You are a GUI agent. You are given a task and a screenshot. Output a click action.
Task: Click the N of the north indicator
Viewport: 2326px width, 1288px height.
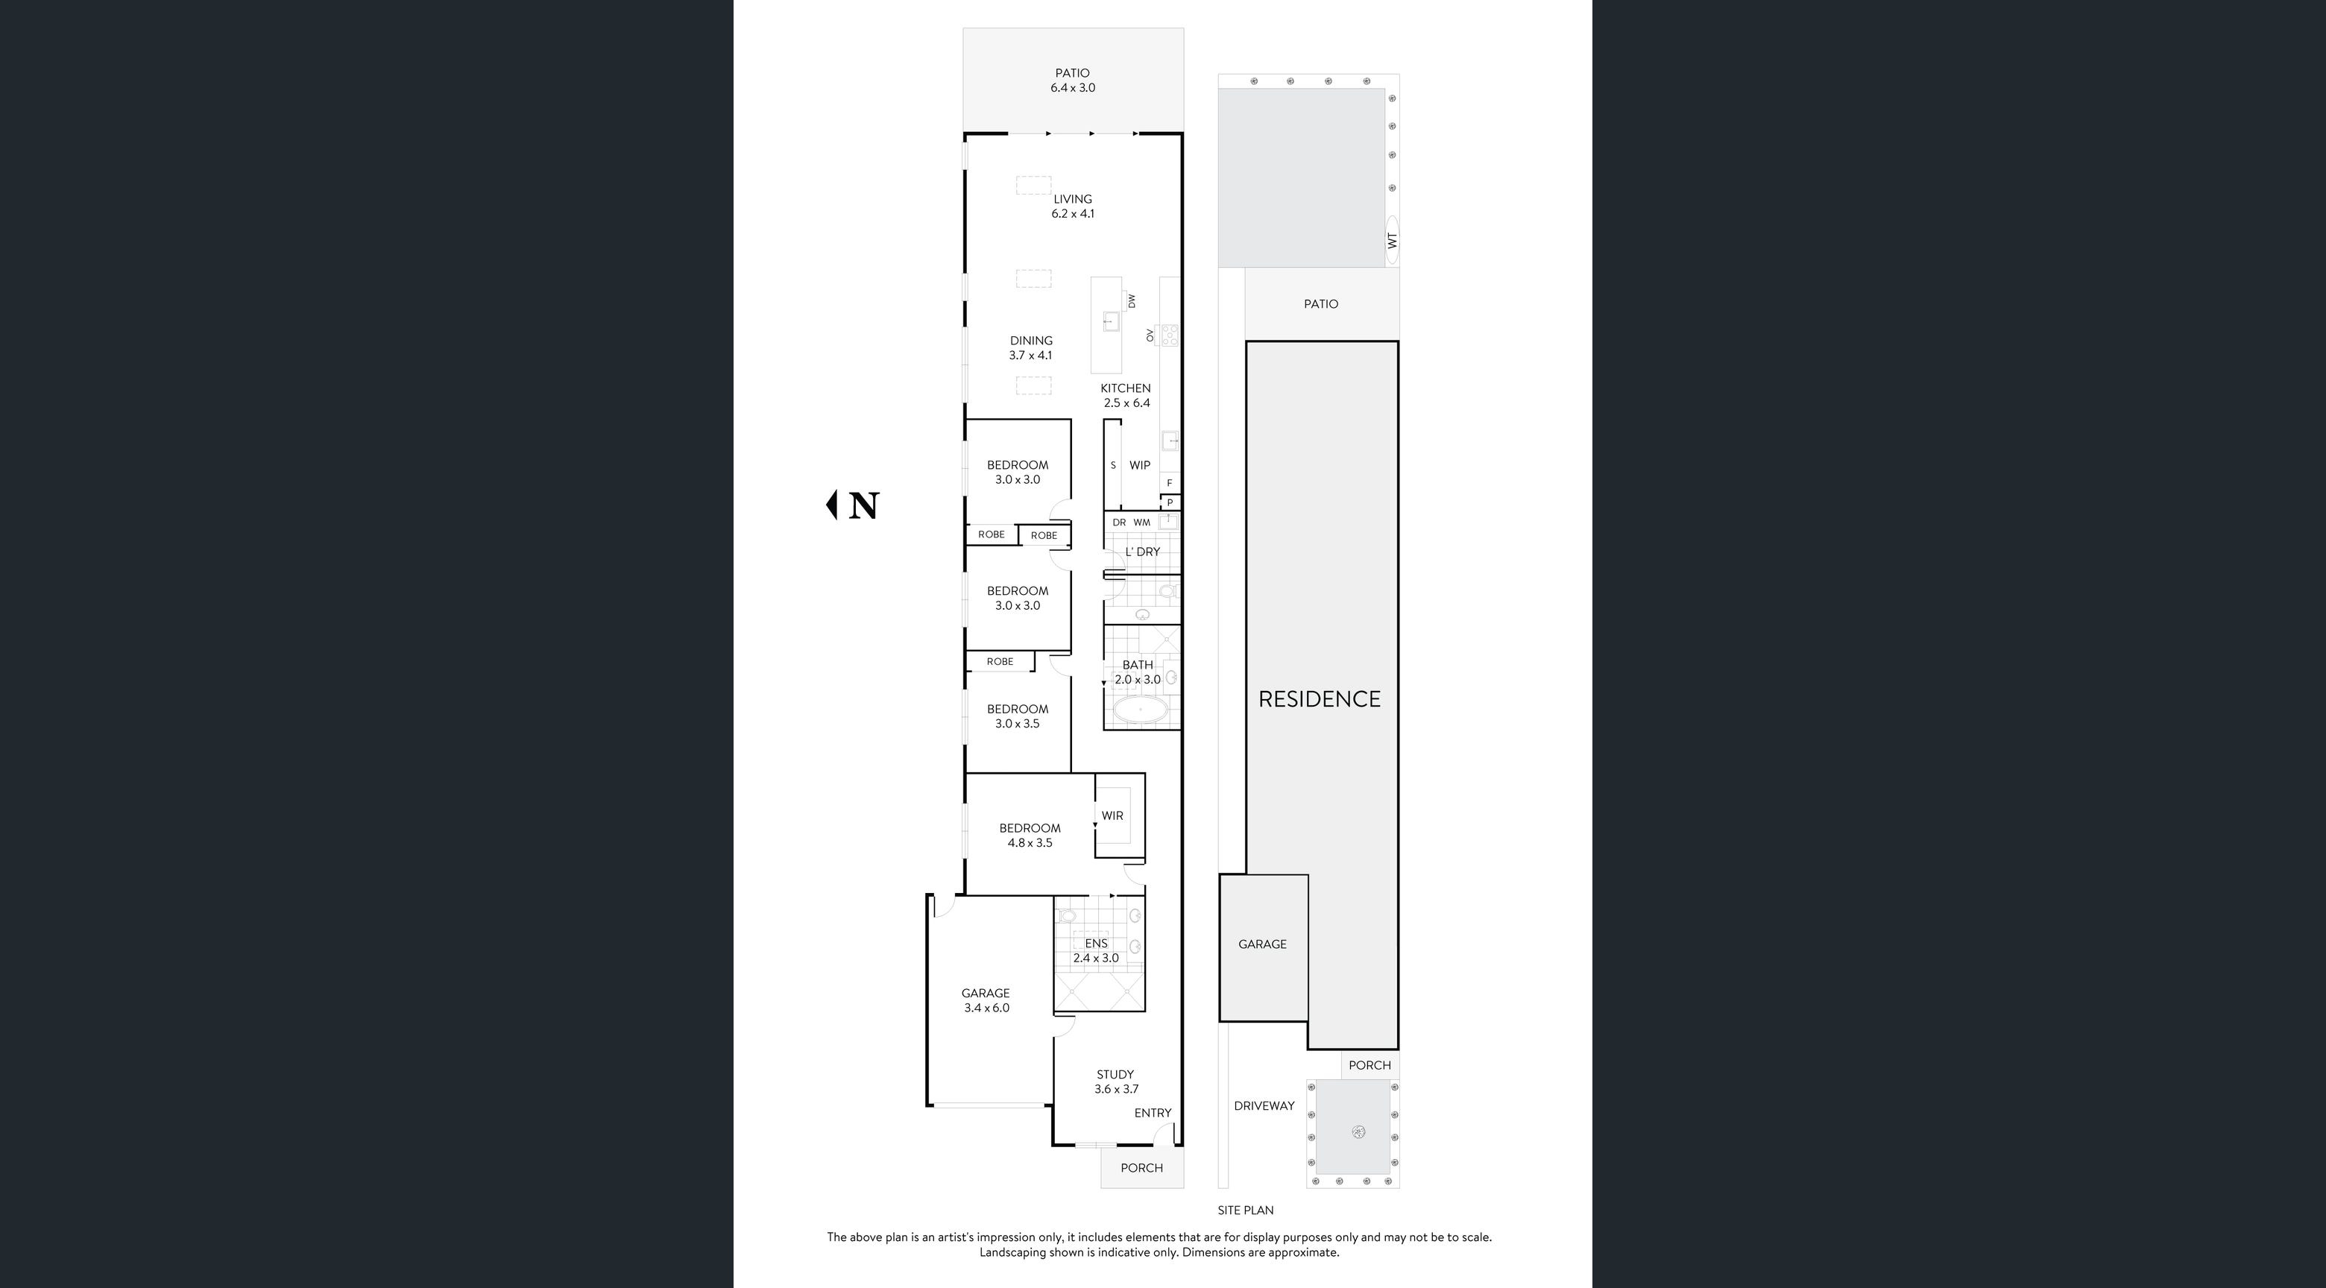tap(864, 505)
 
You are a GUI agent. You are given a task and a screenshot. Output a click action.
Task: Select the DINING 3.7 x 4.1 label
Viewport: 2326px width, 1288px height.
tap(1031, 347)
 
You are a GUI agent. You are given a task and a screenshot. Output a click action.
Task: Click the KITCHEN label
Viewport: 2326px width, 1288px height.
tap(1126, 388)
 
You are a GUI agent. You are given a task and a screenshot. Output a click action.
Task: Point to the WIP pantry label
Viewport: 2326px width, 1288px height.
tap(1140, 465)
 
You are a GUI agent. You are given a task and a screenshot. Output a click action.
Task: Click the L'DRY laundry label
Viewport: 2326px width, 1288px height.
tap(1142, 552)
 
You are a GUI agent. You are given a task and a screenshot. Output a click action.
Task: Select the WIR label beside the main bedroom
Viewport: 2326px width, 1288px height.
tap(1112, 815)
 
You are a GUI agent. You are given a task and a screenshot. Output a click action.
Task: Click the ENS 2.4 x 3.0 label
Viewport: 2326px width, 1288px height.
tap(1096, 950)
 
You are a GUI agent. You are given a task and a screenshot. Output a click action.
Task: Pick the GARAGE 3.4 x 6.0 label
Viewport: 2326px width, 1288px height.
tap(985, 1000)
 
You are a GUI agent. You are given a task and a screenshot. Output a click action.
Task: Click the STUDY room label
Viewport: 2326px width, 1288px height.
tap(1115, 1074)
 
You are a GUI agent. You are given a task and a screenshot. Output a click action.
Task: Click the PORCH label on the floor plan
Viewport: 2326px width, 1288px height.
tap(1141, 1168)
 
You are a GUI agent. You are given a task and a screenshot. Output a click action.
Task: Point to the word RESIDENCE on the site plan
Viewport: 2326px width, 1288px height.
tap(1320, 698)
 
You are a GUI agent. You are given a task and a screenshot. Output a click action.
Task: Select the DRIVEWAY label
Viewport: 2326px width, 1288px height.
tap(1264, 1105)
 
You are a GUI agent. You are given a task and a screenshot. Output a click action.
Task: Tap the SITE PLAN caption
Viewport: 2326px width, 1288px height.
tap(1245, 1210)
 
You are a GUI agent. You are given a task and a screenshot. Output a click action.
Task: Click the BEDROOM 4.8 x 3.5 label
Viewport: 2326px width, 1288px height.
tap(1030, 835)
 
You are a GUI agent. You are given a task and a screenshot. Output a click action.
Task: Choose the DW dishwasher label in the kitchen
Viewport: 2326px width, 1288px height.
tap(1132, 300)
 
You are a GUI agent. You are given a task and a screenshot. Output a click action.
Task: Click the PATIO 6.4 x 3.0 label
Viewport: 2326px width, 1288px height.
tap(1073, 80)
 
